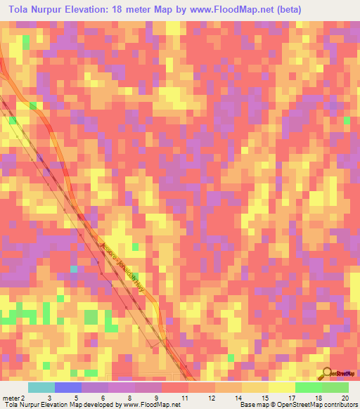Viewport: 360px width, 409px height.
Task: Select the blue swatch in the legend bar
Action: pos(68,387)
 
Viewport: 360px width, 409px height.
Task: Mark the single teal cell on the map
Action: pos(72,269)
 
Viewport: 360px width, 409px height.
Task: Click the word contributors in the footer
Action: pos(340,405)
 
